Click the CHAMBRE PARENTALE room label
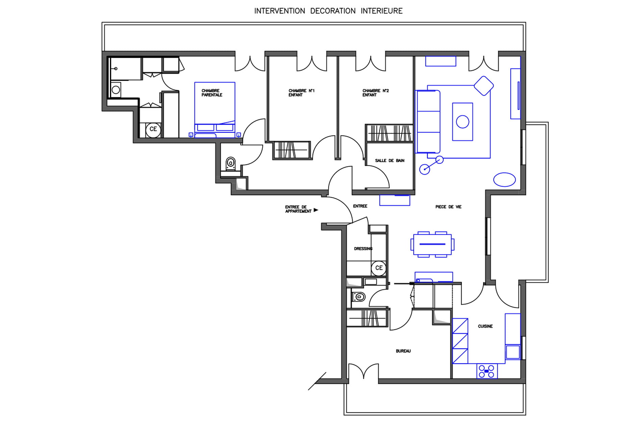(x=212, y=93)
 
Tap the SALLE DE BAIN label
(x=390, y=160)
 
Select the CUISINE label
(x=485, y=326)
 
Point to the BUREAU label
(x=403, y=351)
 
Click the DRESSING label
(x=363, y=249)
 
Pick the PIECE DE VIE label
(x=448, y=207)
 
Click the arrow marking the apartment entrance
(x=316, y=210)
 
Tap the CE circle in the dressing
(x=379, y=268)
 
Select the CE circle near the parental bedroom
(x=153, y=129)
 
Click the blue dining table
(x=432, y=244)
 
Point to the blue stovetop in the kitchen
(x=487, y=371)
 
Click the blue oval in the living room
(x=504, y=180)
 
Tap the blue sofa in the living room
(x=428, y=122)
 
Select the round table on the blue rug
(x=463, y=122)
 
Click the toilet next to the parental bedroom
(x=230, y=163)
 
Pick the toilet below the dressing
(x=358, y=297)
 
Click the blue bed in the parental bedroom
(x=215, y=110)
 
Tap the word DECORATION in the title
(x=333, y=11)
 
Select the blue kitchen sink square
(x=513, y=352)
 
